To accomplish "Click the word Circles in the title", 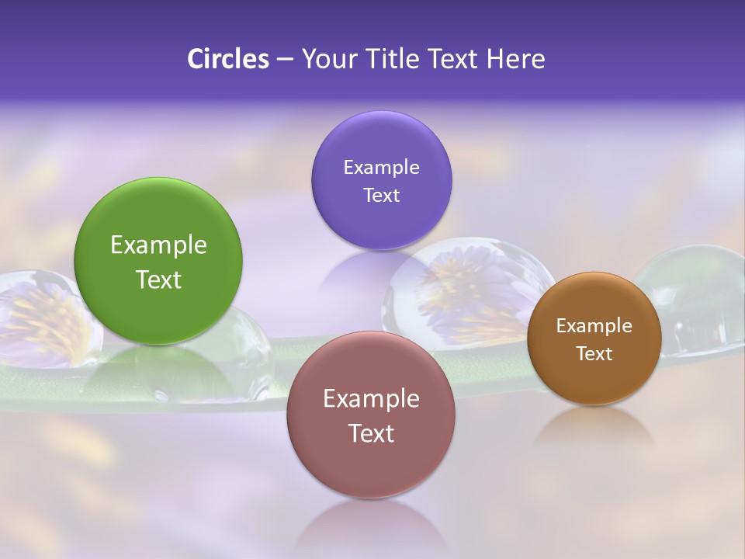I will click(228, 59).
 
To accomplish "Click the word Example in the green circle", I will click(158, 245).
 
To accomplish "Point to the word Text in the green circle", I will click(158, 279).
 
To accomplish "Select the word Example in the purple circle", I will click(381, 168).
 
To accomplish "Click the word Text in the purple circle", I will click(381, 195).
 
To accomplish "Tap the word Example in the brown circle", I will click(594, 326).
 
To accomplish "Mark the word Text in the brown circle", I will click(594, 354).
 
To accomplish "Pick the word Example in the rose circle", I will click(371, 399).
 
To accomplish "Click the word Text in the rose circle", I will click(371, 433).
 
